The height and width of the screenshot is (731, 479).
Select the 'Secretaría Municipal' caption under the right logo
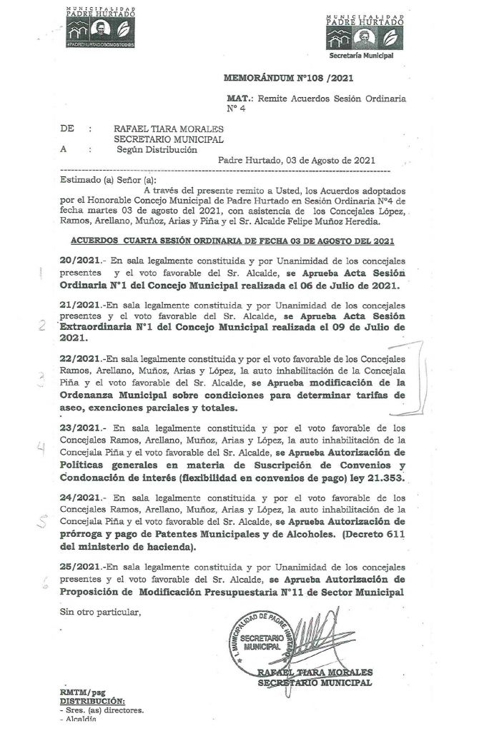tap(361, 54)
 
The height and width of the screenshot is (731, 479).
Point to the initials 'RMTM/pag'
tap(82, 692)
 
